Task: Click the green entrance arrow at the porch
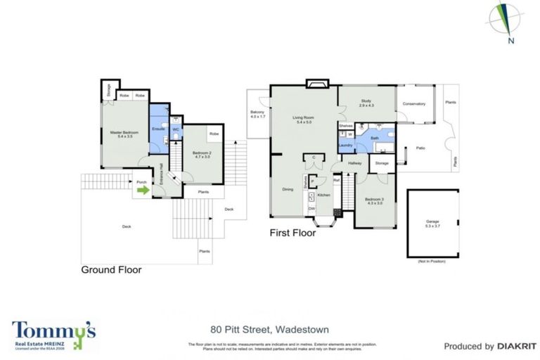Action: pos(143,188)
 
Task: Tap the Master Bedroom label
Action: pos(124,132)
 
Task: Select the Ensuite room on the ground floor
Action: pos(158,129)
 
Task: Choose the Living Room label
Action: pos(304,117)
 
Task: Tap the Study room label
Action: pos(366,102)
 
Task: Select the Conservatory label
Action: pos(414,104)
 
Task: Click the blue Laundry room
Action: pos(345,146)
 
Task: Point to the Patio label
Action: pos(420,148)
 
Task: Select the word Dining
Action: pos(287,189)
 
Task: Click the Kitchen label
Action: pos(323,195)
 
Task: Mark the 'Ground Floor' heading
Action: pos(111,269)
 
